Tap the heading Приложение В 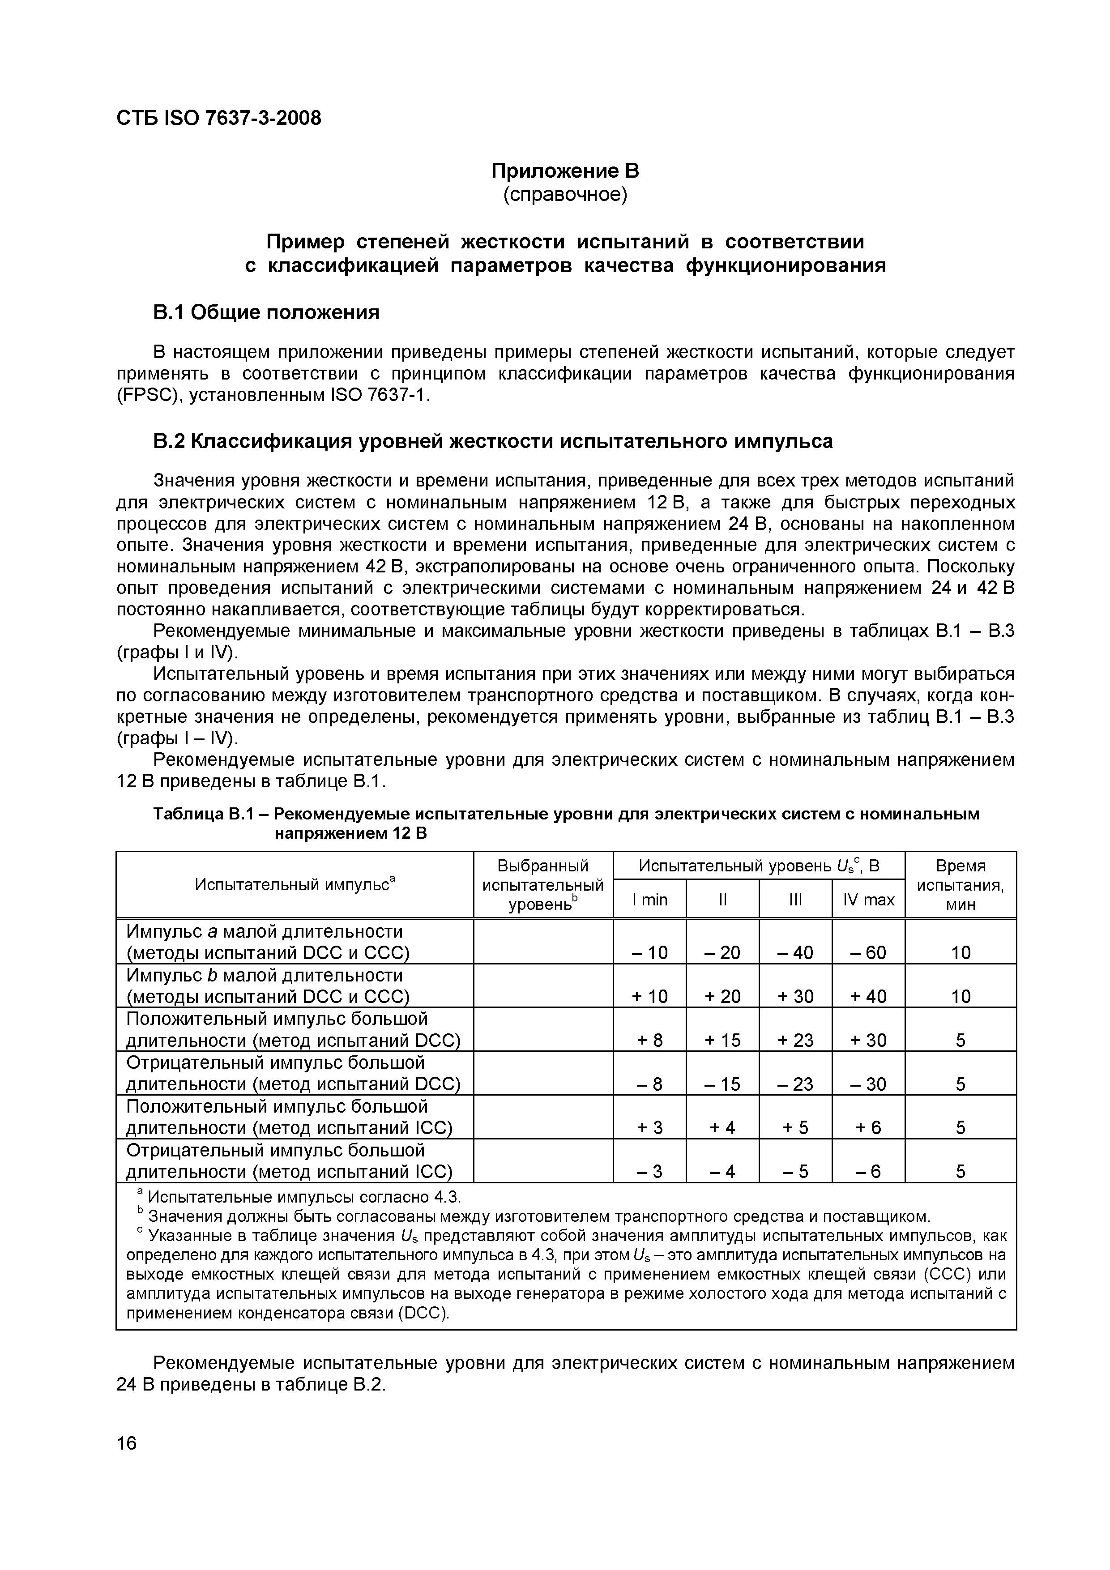click(565, 170)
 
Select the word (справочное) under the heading click(565, 195)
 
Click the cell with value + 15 click(722, 1040)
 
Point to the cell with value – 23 click(795, 1084)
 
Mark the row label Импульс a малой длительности click(265, 931)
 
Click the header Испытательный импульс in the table click(295, 884)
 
